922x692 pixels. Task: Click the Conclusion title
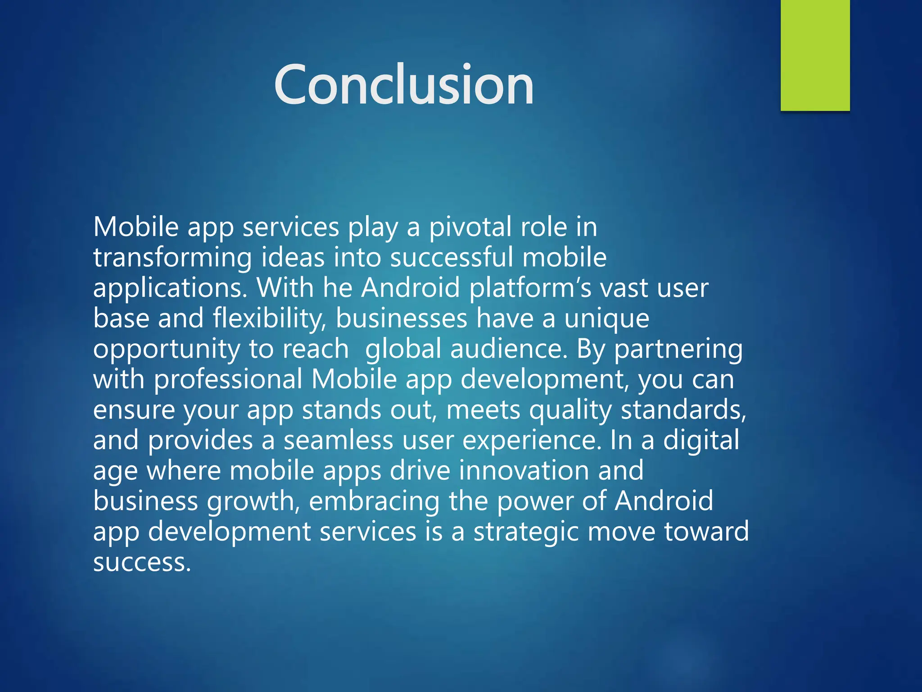[404, 85]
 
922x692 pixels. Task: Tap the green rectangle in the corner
[815, 55]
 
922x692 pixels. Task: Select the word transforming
[172, 258]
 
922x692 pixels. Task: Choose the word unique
[606, 319]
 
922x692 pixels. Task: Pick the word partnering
[678, 349]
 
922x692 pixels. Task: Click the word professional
[228, 379]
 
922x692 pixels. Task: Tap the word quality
[570, 410]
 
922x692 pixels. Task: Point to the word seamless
[338, 440]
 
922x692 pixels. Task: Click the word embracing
[374, 501]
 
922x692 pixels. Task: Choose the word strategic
[526, 532]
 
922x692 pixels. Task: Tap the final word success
[142, 562]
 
